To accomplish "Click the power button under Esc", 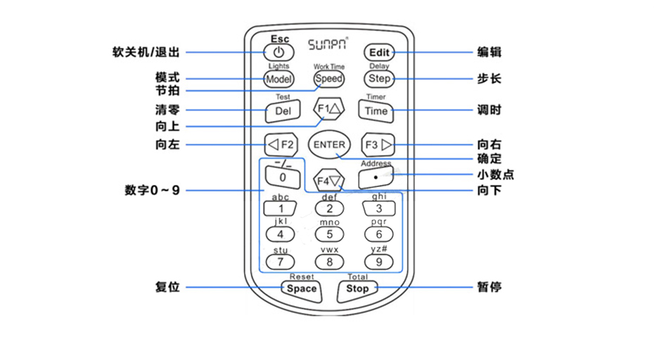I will (279, 52).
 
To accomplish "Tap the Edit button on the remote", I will (378, 52).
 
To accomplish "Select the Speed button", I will (328, 79).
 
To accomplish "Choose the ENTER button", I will (329, 145).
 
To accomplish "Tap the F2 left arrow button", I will (281, 145).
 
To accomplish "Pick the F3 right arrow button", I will (378, 145).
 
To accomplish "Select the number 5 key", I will (329, 234).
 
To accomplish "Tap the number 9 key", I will (378, 262).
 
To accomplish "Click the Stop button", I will (357, 288).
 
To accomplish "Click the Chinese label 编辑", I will (489, 52).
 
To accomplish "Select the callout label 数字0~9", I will (153, 190).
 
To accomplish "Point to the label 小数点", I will (495, 174).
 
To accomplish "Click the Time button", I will (376, 111).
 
